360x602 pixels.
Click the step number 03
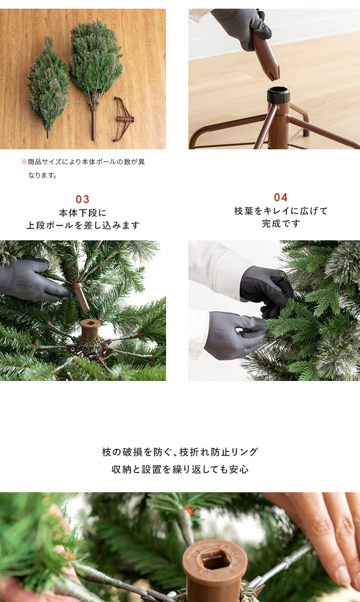pyautogui.click(x=82, y=199)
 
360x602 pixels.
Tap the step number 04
pyautogui.click(x=281, y=197)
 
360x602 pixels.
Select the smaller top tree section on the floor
pyautogui.click(x=48, y=86)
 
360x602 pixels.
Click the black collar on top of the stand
pyautogui.click(x=278, y=94)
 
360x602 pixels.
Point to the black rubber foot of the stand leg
pyautogui.click(x=306, y=132)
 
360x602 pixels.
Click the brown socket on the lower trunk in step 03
pyautogui.click(x=90, y=328)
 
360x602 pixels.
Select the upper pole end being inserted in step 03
pyautogui.click(x=81, y=297)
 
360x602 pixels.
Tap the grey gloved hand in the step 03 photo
pyautogui.click(x=34, y=279)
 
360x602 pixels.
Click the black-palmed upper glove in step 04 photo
pyautogui.click(x=267, y=290)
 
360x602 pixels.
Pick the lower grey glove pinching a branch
pyautogui.click(x=234, y=335)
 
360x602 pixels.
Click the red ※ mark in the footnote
pyautogui.click(x=24, y=162)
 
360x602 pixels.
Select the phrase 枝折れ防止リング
pyautogui.click(x=219, y=452)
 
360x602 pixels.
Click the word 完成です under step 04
pyautogui.click(x=281, y=223)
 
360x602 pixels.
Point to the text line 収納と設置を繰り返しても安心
pyautogui.click(x=180, y=470)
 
